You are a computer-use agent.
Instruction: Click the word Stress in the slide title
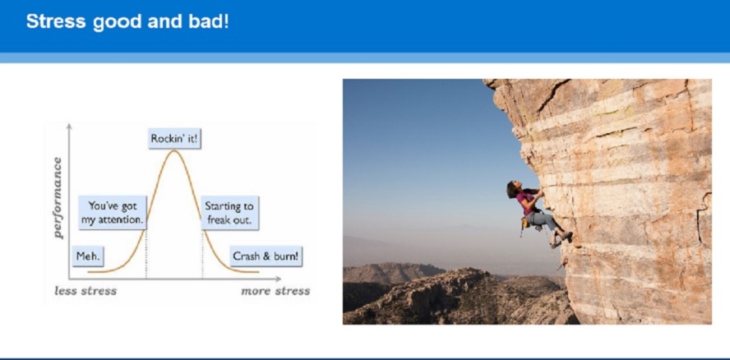coord(56,21)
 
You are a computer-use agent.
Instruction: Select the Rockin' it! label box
coord(174,139)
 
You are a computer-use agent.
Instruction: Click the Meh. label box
coord(88,256)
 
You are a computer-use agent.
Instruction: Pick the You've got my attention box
coord(112,213)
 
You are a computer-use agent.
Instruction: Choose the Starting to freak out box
coord(230,213)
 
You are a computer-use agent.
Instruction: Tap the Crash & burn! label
coord(266,256)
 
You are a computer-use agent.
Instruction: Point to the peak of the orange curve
coord(174,150)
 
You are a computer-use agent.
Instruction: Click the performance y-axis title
coord(58,198)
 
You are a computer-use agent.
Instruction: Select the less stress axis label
coord(85,291)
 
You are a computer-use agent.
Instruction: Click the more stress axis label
coord(275,291)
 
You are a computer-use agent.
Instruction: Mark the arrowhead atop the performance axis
coord(69,127)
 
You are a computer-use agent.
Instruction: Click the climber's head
coord(513,188)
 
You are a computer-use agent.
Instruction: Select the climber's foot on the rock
coord(566,236)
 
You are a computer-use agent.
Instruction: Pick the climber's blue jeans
coord(545,224)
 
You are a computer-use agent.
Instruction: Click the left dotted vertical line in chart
coord(146,254)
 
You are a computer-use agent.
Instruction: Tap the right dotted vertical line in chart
coord(202,254)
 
